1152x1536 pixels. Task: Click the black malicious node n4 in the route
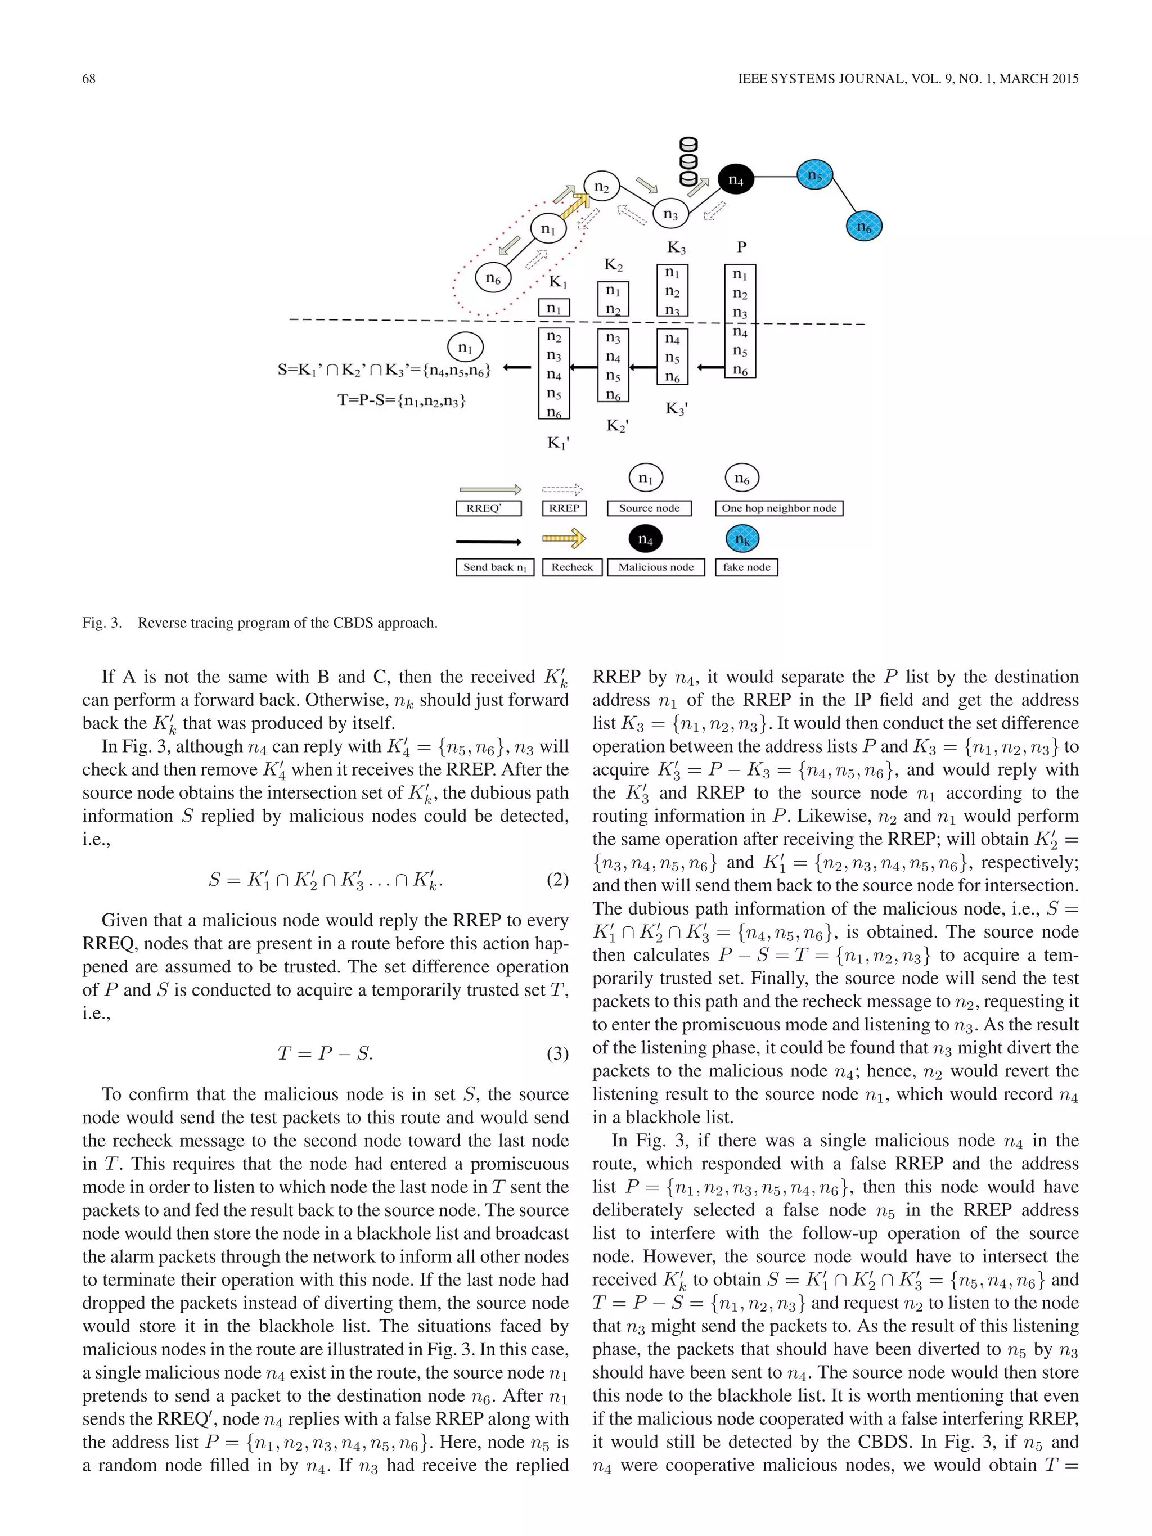[735, 180]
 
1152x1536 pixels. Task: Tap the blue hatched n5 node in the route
[814, 177]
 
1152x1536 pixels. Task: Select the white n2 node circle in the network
[601, 187]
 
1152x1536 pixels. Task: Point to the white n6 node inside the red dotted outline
[493, 278]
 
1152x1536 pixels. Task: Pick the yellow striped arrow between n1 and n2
[575, 207]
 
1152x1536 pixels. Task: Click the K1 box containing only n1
[553, 308]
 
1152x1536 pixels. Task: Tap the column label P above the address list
[741, 246]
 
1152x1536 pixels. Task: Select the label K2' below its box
[617, 425]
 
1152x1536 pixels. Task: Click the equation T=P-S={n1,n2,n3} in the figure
[402, 400]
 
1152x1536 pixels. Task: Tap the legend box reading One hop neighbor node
[778, 508]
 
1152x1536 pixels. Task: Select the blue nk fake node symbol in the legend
[742, 539]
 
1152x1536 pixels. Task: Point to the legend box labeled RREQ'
[488, 508]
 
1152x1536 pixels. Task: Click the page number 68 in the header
[89, 79]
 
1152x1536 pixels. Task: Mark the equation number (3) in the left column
[557, 1053]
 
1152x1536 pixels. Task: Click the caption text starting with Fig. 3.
[260, 623]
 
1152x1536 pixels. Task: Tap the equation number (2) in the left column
[557, 880]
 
